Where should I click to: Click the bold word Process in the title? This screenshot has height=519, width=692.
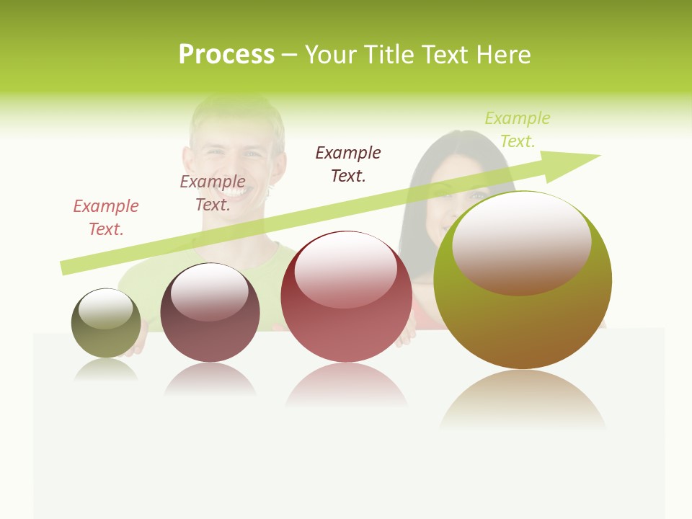226,55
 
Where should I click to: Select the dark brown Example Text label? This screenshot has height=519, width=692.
348,164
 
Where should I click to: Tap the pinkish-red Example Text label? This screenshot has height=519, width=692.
106,217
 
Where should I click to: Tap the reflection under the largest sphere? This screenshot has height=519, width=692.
522,400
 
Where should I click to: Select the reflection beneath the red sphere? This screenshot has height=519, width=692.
346,386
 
